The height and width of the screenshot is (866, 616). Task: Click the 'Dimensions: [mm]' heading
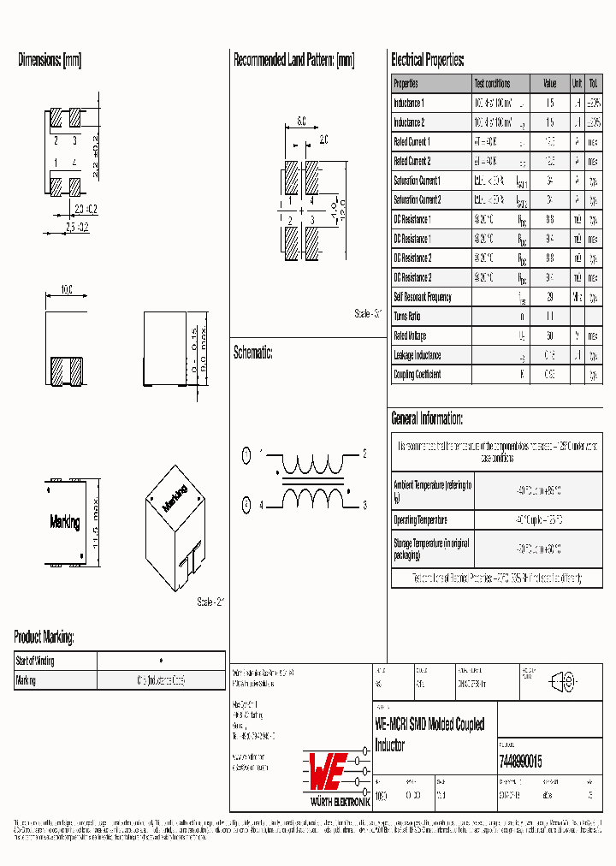click(50, 60)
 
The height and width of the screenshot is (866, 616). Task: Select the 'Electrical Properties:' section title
click(427, 60)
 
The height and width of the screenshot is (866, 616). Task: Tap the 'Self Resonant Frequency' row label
click(422, 298)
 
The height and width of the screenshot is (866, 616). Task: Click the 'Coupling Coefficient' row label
click(418, 375)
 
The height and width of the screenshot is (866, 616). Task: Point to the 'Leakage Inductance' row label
click(417, 355)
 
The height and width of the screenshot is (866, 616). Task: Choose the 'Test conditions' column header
click(492, 84)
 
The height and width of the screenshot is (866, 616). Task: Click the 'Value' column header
click(549, 84)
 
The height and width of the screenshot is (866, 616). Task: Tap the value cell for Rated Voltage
click(549, 336)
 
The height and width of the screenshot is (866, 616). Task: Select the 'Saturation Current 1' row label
click(417, 181)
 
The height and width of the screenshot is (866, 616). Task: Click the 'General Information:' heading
click(427, 418)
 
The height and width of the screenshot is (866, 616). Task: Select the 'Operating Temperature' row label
click(420, 520)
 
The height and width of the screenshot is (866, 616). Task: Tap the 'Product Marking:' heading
click(44, 637)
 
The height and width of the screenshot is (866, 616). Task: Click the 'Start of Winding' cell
click(36, 661)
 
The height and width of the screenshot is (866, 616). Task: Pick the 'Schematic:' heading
click(252, 352)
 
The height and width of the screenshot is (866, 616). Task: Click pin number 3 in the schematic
click(364, 506)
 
